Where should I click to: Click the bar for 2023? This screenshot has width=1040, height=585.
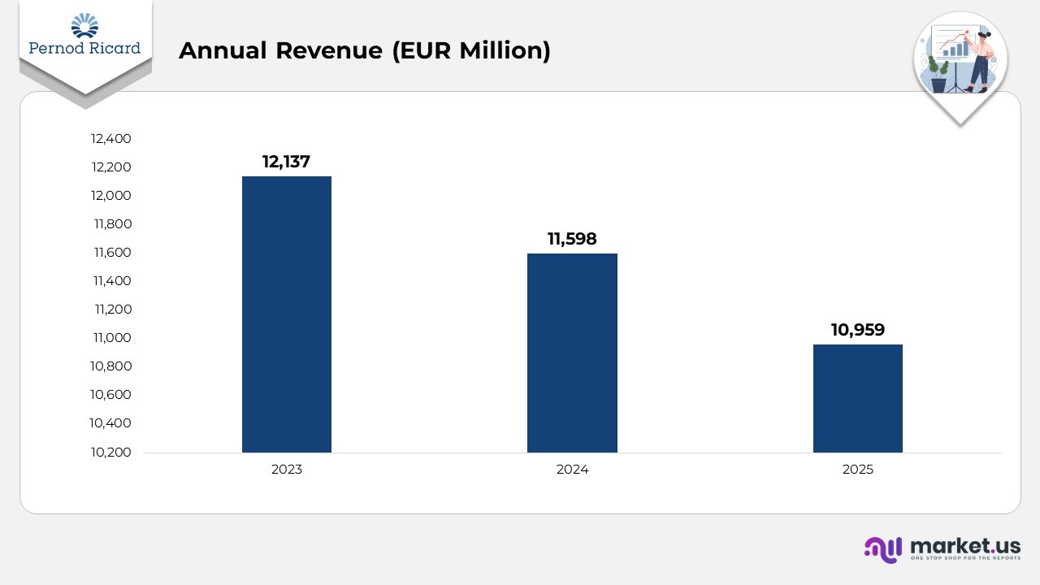[x=286, y=314]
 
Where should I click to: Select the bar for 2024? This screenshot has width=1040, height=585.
[x=572, y=353]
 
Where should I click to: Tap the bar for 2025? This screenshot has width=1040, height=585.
[x=857, y=398]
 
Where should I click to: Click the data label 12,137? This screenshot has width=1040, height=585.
[x=286, y=162]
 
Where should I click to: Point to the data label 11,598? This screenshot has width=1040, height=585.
[x=572, y=239]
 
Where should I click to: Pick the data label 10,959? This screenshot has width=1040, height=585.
[x=857, y=330]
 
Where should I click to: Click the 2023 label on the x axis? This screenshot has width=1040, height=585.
[x=286, y=470]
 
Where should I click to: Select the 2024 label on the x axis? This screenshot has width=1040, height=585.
[x=572, y=470]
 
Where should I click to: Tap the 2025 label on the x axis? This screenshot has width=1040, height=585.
[x=857, y=470]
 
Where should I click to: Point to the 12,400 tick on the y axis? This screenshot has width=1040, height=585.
[x=111, y=139]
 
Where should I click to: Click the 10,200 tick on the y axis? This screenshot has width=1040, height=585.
[x=111, y=452]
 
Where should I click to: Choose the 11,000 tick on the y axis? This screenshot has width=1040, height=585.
[x=112, y=338]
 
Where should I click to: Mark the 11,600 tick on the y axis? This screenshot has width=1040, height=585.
[x=112, y=253]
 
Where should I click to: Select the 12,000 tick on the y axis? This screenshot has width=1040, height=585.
[x=111, y=196]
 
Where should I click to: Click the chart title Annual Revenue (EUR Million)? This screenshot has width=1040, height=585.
[x=364, y=50]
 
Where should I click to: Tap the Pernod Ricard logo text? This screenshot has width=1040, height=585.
[x=84, y=48]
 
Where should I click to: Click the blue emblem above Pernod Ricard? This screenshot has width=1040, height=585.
[x=84, y=25]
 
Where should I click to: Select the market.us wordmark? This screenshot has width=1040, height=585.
[x=965, y=545]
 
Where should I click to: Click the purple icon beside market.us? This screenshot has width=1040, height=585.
[x=883, y=549]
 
